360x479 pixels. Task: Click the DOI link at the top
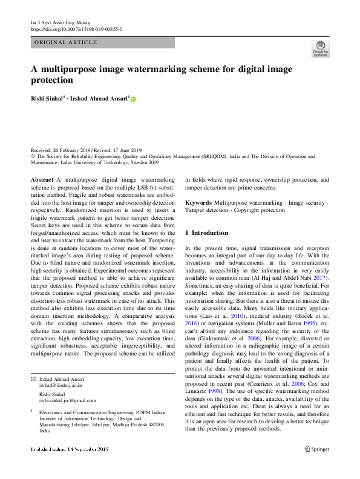click(76, 28)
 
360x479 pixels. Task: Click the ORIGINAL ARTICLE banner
click(67, 42)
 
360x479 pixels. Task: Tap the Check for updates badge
click(320, 48)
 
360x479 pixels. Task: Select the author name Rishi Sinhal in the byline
click(47, 99)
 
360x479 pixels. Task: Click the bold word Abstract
click(42, 180)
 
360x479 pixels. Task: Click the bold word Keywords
click(198, 202)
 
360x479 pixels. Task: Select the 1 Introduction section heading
click(206, 233)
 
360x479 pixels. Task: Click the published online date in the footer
click(70, 449)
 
